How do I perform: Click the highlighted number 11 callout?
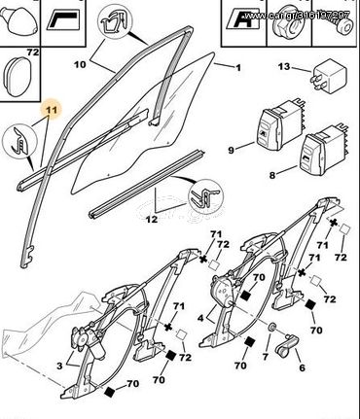tap(52, 110)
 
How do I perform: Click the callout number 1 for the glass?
tap(238, 68)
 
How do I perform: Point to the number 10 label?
tap(80, 64)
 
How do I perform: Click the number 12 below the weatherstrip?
tap(151, 220)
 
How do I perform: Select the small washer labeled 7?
tap(271, 328)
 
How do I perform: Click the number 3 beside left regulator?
tap(59, 367)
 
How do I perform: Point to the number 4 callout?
tap(200, 318)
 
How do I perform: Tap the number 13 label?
tap(284, 67)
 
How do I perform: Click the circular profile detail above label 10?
tap(115, 23)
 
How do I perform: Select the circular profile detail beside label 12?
tap(205, 196)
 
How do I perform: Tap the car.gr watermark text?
tap(296, 16)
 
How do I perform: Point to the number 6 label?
tap(303, 367)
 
